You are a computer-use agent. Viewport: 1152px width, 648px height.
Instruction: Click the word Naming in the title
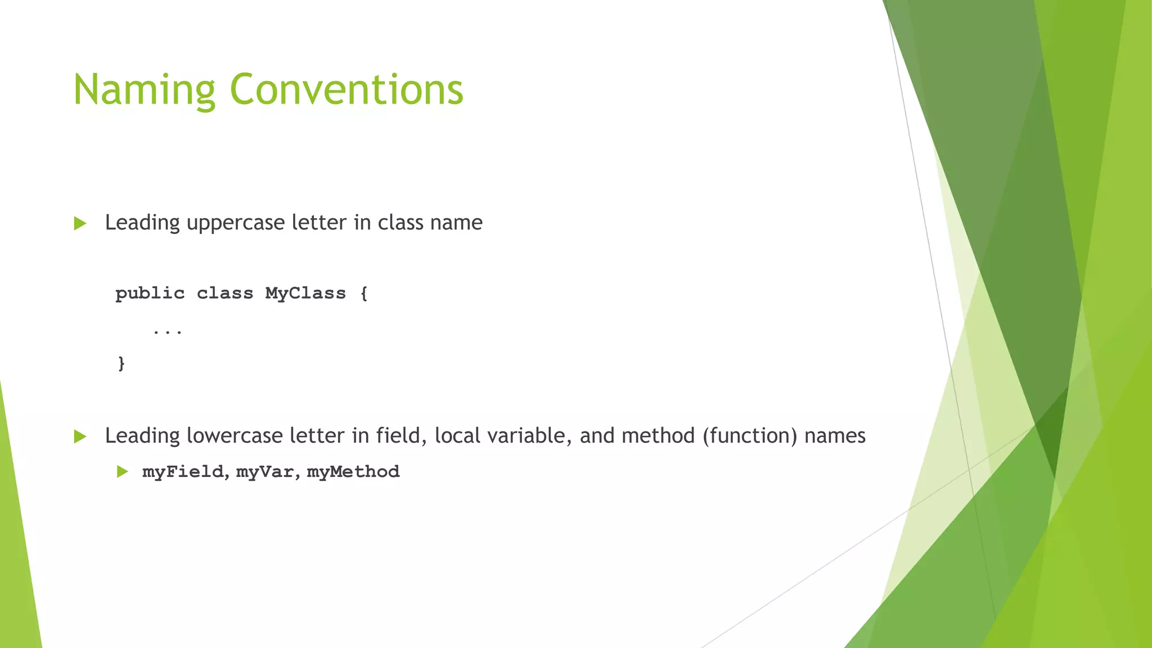tap(144, 90)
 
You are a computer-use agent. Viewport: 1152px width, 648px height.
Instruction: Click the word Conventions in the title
tap(346, 90)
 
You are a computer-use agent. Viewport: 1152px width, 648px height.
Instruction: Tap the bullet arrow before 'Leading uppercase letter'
tap(80, 223)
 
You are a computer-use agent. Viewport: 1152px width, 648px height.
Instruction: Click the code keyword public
tap(150, 294)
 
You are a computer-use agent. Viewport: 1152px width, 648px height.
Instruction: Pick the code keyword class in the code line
tap(225, 294)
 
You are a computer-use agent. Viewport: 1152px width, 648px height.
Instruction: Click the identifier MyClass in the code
tap(305, 294)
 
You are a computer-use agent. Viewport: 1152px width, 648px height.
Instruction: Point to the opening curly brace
tap(364, 294)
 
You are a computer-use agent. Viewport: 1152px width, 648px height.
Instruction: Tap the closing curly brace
tap(121, 363)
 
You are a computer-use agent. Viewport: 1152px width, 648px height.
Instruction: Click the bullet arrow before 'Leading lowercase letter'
tap(80, 436)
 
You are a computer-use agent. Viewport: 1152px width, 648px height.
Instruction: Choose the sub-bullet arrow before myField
tap(122, 471)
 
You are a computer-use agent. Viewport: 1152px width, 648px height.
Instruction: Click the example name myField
tap(183, 471)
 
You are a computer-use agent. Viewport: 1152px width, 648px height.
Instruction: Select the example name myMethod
tap(353, 471)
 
